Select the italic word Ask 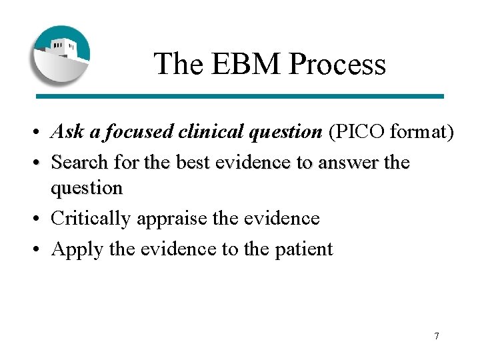tap(67, 132)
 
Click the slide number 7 tap(437, 335)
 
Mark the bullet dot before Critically tap(41, 219)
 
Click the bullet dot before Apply tap(41, 249)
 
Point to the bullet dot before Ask tap(41, 133)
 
